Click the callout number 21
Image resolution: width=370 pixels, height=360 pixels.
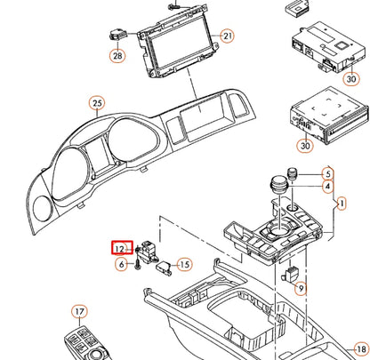point(228,36)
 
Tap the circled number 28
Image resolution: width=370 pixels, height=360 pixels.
point(117,56)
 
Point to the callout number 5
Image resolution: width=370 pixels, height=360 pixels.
point(327,173)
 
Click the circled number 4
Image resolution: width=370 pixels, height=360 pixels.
point(327,188)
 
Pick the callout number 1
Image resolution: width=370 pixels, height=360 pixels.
point(340,204)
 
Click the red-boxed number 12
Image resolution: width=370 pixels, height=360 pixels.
point(118,250)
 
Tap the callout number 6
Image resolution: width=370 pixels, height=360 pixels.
point(120,265)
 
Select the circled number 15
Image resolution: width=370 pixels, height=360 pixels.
point(184,264)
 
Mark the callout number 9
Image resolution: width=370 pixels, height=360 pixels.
point(300,288)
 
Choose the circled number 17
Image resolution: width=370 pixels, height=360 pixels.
point(80,312)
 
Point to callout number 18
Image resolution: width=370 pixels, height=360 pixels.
point(360,348)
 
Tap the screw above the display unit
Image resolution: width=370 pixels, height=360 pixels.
point(175,6)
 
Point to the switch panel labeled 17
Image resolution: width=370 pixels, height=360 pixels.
point(87,341)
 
